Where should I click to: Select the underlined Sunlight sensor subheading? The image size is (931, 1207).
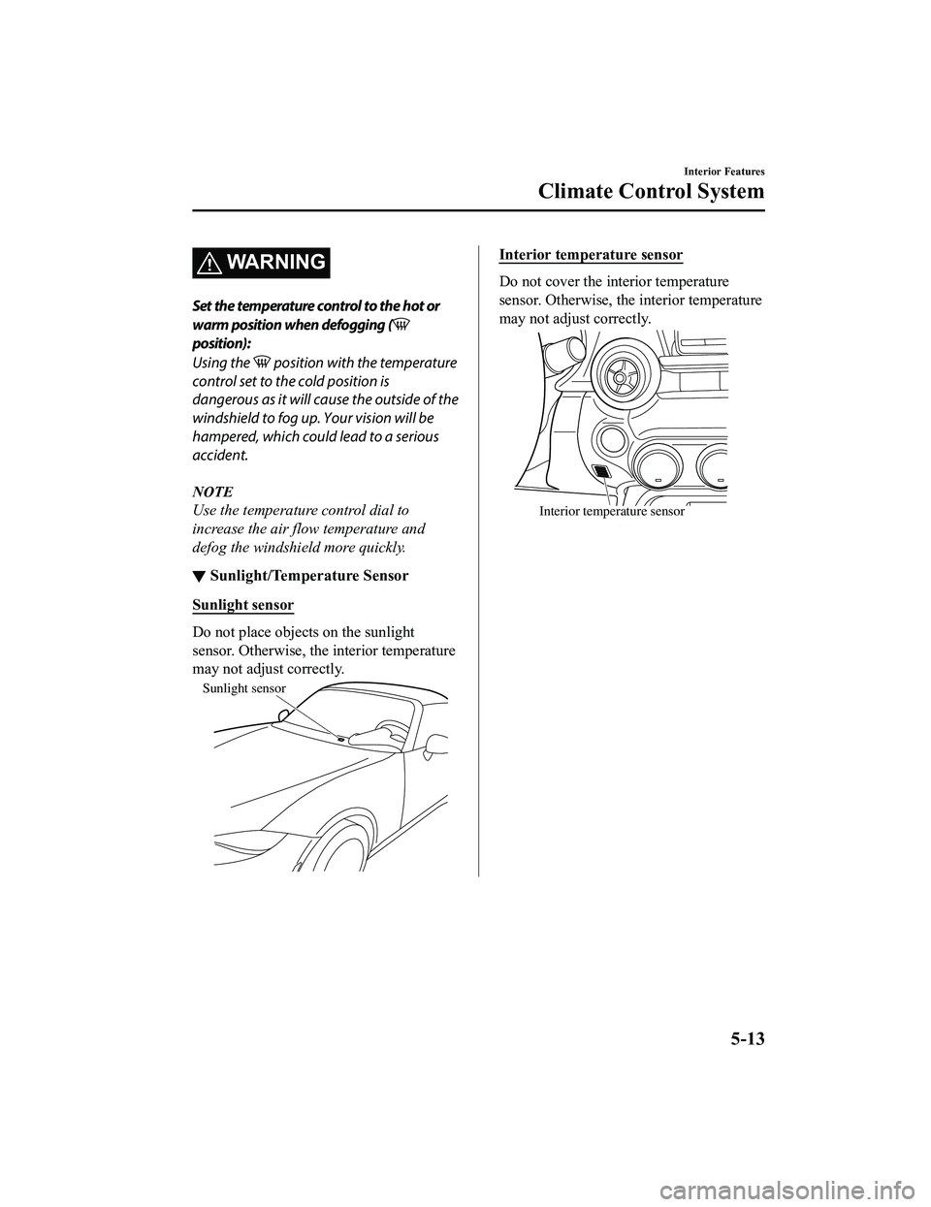[x=242, y=605]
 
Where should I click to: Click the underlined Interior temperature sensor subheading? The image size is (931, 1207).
[x=591, y=256]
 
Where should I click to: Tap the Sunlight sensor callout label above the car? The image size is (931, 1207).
[x=243, y=688]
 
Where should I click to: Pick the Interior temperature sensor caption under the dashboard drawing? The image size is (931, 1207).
[x=611, y=512]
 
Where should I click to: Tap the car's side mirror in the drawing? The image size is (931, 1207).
[x=437, y=744]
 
